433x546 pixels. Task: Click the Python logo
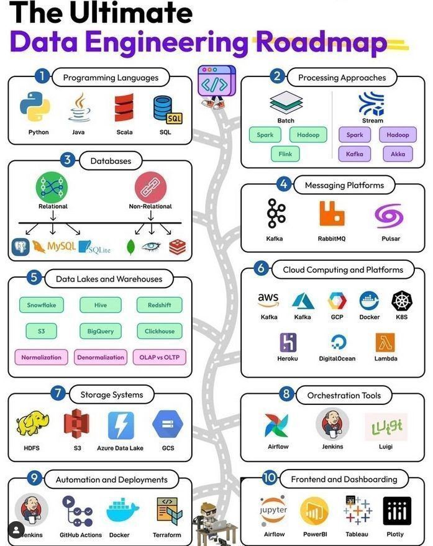click(35, 106)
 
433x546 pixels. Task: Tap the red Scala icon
click(124, 107)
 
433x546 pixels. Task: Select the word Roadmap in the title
click(321, 42)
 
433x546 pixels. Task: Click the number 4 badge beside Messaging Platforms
click(284, 184)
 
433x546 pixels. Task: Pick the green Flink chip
click(285, 153)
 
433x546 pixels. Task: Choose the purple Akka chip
click(398, 153)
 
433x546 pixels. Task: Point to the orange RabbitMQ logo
click(332, 214)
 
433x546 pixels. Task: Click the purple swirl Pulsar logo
click(389, 215)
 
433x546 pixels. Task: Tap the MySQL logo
click(54, 247)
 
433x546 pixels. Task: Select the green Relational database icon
click(52, 186)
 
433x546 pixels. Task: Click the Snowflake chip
click(42, 305)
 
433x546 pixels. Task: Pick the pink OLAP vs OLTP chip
click(159, 357)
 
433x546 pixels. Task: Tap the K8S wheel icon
click(402, 301)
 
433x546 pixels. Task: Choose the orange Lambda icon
click(385, 342)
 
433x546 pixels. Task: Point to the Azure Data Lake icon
click(121, 425)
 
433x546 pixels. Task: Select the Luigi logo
click(386, 427)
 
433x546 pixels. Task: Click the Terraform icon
click(167, 511)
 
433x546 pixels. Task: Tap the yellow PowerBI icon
click(314, 511)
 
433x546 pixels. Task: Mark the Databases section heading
click(111, 161)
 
